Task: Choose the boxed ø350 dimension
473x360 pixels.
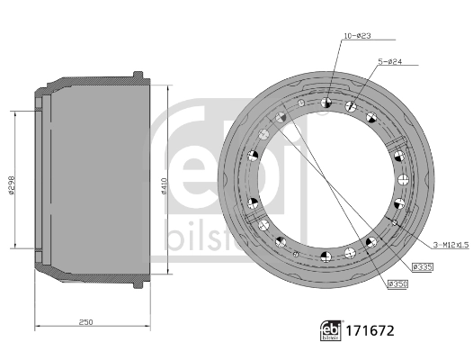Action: pyautogui.click(x=397, y=284)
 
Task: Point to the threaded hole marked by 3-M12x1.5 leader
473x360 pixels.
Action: pyautogui.click(x=394, y=220)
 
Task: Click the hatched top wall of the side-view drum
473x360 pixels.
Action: pyautogui.click(x=90, y=82)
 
